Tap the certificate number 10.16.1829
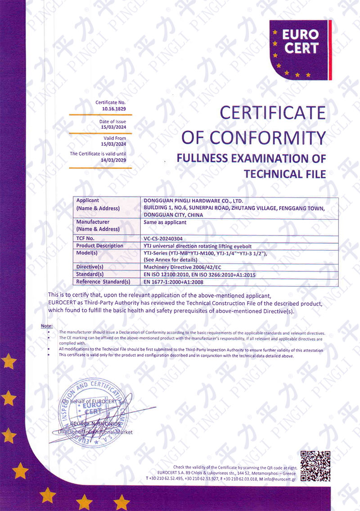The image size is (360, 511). click(x=115, y=109)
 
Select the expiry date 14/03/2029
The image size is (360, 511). click(x=115, y=160)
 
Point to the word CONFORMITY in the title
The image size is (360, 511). click(x=278, y=137)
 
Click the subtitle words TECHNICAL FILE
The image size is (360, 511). click(x=284, y=174)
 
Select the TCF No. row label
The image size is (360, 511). click(x=85, y=238)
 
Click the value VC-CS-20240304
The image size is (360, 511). click(x=163, y=238)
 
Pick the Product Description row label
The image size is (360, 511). click(x=100, y=246)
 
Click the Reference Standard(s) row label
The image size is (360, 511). click(x=103, y=282)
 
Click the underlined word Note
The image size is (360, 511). click(x=46, y=326)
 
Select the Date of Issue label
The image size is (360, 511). click(x=112, y=122)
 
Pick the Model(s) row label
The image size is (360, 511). click(x=87, y=253)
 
